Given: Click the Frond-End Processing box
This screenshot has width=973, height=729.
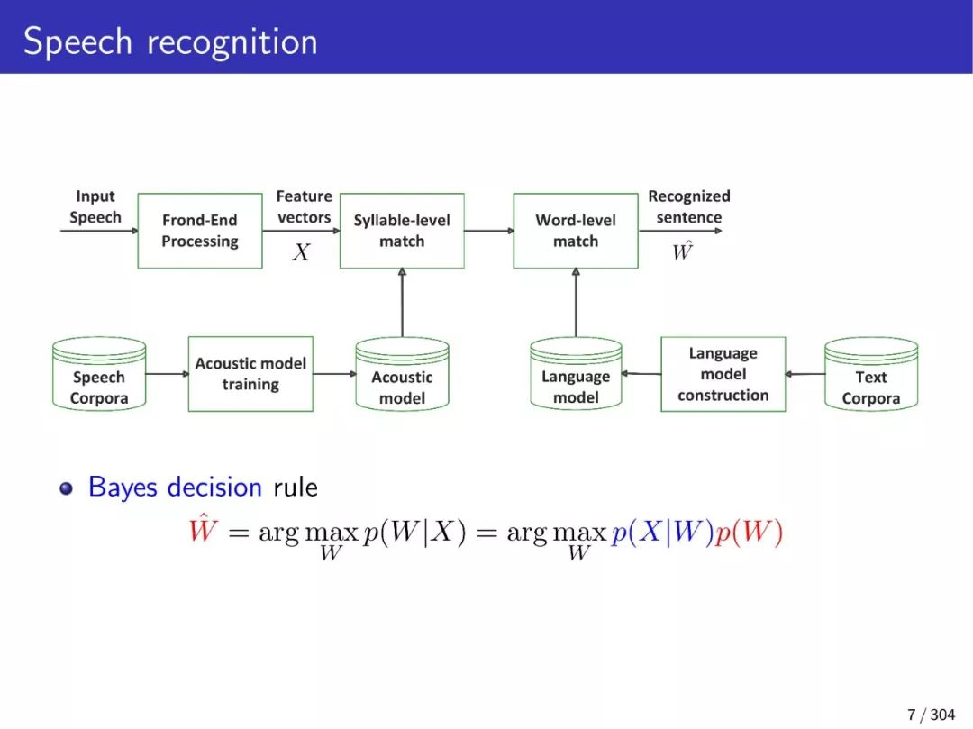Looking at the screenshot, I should point(200,231).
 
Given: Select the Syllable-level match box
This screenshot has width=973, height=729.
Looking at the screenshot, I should point(402,231).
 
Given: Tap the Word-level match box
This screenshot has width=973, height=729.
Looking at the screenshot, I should point(576,231).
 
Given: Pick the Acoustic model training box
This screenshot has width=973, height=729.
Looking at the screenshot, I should point(250,374).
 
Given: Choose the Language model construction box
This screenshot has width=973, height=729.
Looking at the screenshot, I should point(723,374).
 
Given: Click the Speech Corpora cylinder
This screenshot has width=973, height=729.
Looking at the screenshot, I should point(99,376).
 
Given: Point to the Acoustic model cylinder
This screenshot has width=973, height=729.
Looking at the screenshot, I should point(402,376).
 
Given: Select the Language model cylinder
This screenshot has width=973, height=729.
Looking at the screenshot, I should point(576,376).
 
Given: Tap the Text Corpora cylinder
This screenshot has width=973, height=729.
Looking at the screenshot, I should point(871,376).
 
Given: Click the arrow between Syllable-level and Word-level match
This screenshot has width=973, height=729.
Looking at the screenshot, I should point(488,231).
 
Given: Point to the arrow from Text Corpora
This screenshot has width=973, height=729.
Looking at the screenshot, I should point(805,374).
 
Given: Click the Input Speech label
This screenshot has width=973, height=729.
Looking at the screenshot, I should point(95,206).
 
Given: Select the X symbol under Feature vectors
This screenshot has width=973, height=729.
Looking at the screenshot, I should point(301,253).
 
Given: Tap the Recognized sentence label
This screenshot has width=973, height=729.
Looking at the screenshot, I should point(689,206).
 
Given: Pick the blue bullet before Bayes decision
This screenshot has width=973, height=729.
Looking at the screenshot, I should point(66,488).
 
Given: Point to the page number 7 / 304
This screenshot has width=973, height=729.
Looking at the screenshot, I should point(931,715).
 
